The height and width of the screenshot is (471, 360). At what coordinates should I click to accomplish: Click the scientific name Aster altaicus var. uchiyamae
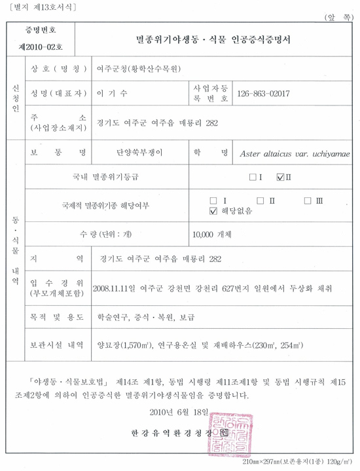pyautogui.click(x=295, y=153)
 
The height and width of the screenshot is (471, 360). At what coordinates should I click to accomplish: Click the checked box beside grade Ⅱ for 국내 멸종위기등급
pyautogui.click(x=281, y=177)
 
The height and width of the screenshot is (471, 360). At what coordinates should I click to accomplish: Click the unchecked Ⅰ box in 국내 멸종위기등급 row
pyautogui.click(x=253, y=177)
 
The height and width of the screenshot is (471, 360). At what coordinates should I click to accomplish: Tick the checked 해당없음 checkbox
pyautogui.click(x=213, y=211)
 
